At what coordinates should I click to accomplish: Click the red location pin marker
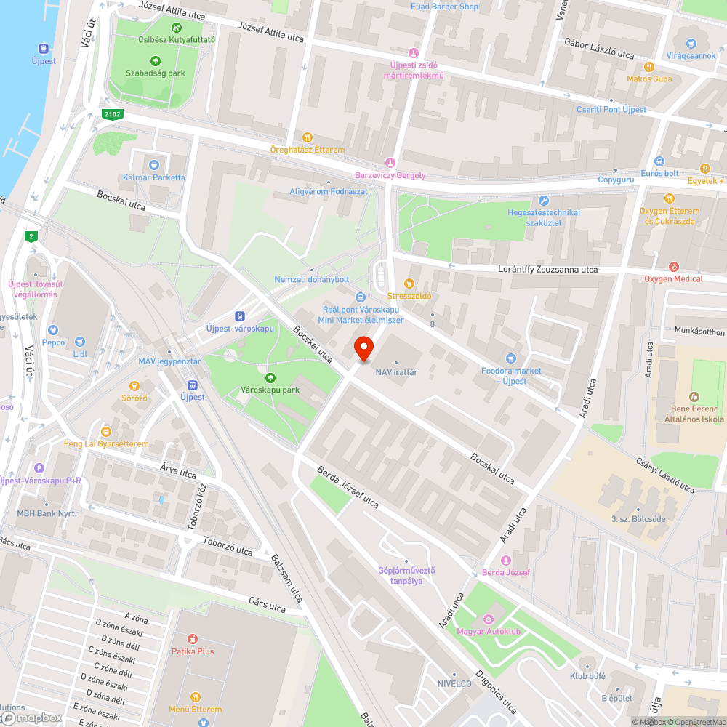coord(363,349)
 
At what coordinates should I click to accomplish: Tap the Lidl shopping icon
coord(81,341)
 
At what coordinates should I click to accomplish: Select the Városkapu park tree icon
coord(270,377)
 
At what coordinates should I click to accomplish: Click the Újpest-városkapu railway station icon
coord(239,316)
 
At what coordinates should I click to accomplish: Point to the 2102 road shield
coord(112,113)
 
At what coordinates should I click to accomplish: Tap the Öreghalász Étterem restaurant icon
coord(308,137)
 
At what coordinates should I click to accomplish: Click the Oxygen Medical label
coord(673,278)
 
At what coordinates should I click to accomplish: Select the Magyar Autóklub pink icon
coord(489,619)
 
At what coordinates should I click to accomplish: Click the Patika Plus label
coord(193,651)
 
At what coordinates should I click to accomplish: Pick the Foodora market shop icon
coord(510,358)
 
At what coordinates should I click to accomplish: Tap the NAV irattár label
coord(396,371)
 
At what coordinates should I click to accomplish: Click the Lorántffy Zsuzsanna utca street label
coord(547,269)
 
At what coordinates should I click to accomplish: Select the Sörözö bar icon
coord(134,385)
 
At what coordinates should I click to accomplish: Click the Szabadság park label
coord(155,73)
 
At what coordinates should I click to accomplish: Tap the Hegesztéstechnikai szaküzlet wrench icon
coord(544,200)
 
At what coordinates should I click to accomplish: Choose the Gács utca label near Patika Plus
coord(267,606)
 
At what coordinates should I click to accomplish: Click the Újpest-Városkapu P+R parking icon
coord(39,468)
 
